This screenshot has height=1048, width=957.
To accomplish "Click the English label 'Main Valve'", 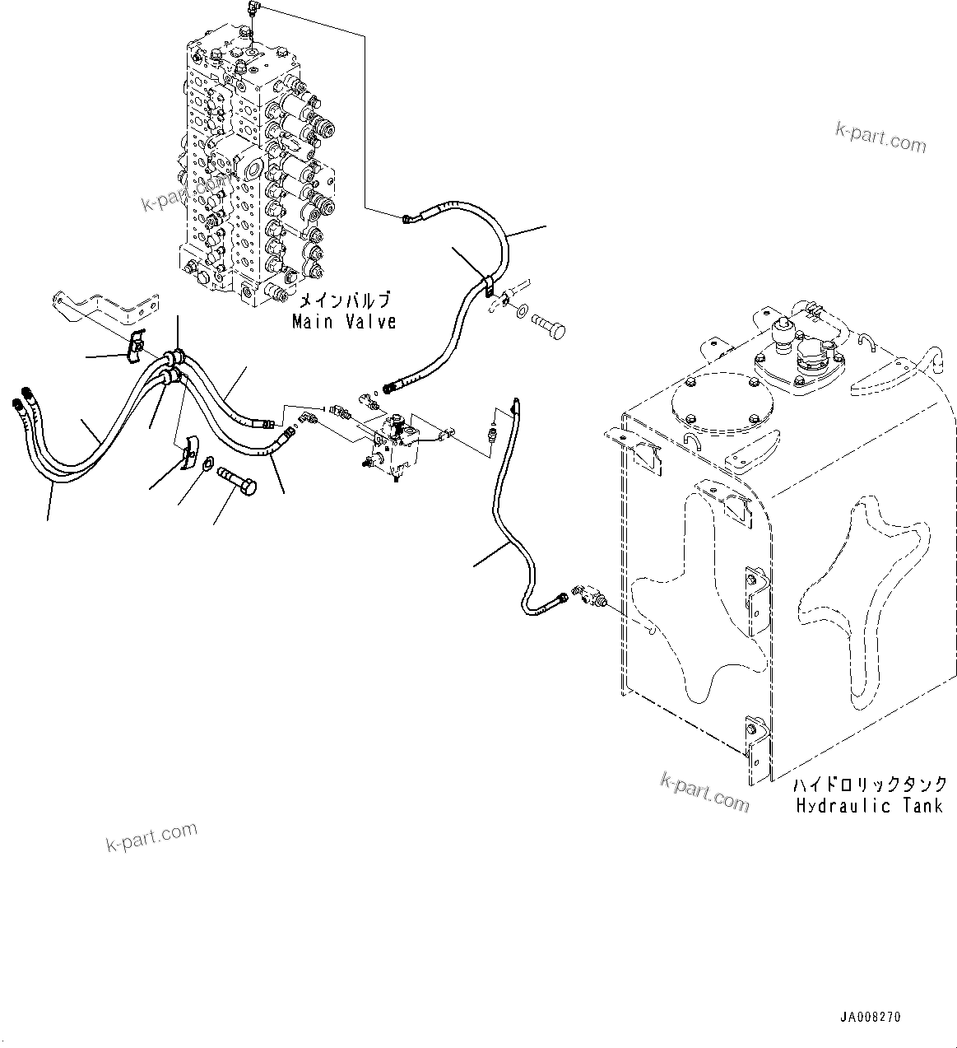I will (x=344, y=322).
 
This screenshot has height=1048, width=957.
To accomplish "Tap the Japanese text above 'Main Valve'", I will (x=344, y=300).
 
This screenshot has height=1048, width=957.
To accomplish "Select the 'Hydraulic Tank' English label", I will (x=868, y=805).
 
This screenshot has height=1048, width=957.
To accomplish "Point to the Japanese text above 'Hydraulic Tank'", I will (x=870, y=785).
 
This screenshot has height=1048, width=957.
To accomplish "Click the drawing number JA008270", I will (x=871, y=1017).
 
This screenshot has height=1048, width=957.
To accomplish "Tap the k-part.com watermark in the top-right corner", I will (x=880, y=138).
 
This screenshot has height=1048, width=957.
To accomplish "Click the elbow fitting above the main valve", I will (x=252, y=10).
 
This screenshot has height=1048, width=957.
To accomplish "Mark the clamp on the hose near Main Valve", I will (x=486, y=287).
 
